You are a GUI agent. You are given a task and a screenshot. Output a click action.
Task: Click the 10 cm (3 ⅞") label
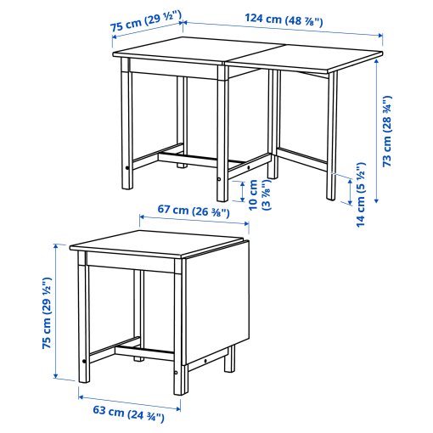[258, 194]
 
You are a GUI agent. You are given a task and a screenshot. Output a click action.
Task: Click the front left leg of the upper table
[128, 127]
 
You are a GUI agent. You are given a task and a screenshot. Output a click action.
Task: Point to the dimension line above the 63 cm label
[128, 398]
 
